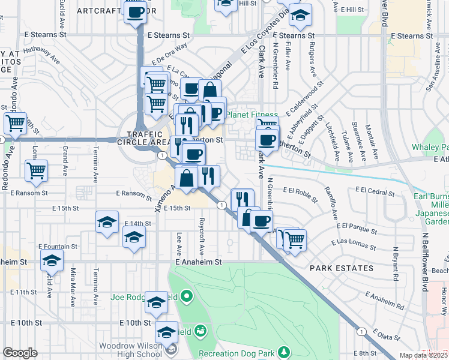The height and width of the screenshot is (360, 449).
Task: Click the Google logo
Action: (x=20, y=353)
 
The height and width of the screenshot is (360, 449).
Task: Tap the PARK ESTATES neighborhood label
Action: (x=342, y=268)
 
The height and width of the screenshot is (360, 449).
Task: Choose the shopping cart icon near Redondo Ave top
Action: (x=15, y=123)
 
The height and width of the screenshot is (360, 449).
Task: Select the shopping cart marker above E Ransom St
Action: (x=36, y=171)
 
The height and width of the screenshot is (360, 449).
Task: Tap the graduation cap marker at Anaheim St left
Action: (x=52, y=260)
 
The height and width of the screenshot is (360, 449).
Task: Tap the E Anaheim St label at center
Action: (x=199, y=262)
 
